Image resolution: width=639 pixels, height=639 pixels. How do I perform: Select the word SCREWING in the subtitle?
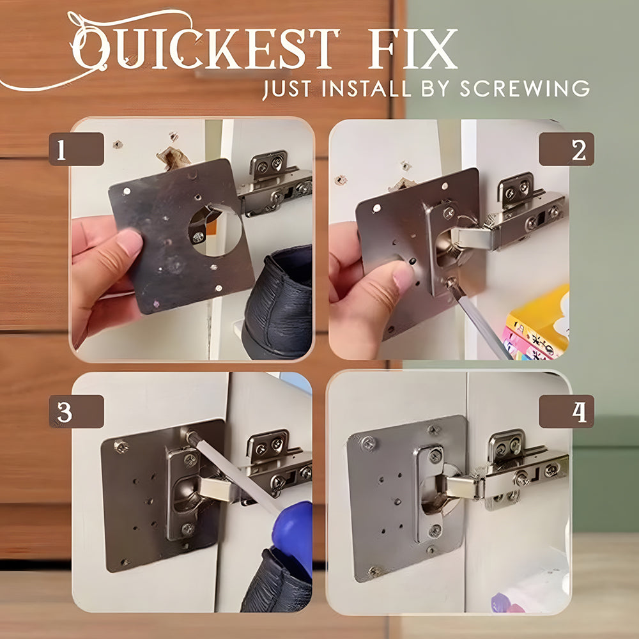click(525, 88)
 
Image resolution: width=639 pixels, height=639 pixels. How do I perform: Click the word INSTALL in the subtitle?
click(366, 88)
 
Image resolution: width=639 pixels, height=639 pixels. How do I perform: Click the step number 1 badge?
click(76, 149)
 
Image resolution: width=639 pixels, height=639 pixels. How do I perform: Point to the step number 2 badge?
click(566, 149)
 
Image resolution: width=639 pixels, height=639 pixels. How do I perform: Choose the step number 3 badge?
click(76, 411)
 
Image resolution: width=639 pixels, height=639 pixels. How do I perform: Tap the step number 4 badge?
click(566, 411)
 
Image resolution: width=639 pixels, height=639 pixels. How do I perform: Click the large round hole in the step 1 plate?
click(215, 230)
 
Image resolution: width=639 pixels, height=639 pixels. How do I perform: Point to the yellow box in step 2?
click(537, 322)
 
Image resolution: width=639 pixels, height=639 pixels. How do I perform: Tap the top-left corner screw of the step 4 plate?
click(368, 443)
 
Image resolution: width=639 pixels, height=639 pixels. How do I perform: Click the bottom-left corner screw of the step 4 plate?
click(374, 571)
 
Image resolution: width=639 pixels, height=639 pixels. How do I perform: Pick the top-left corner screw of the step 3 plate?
click(121, 447)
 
